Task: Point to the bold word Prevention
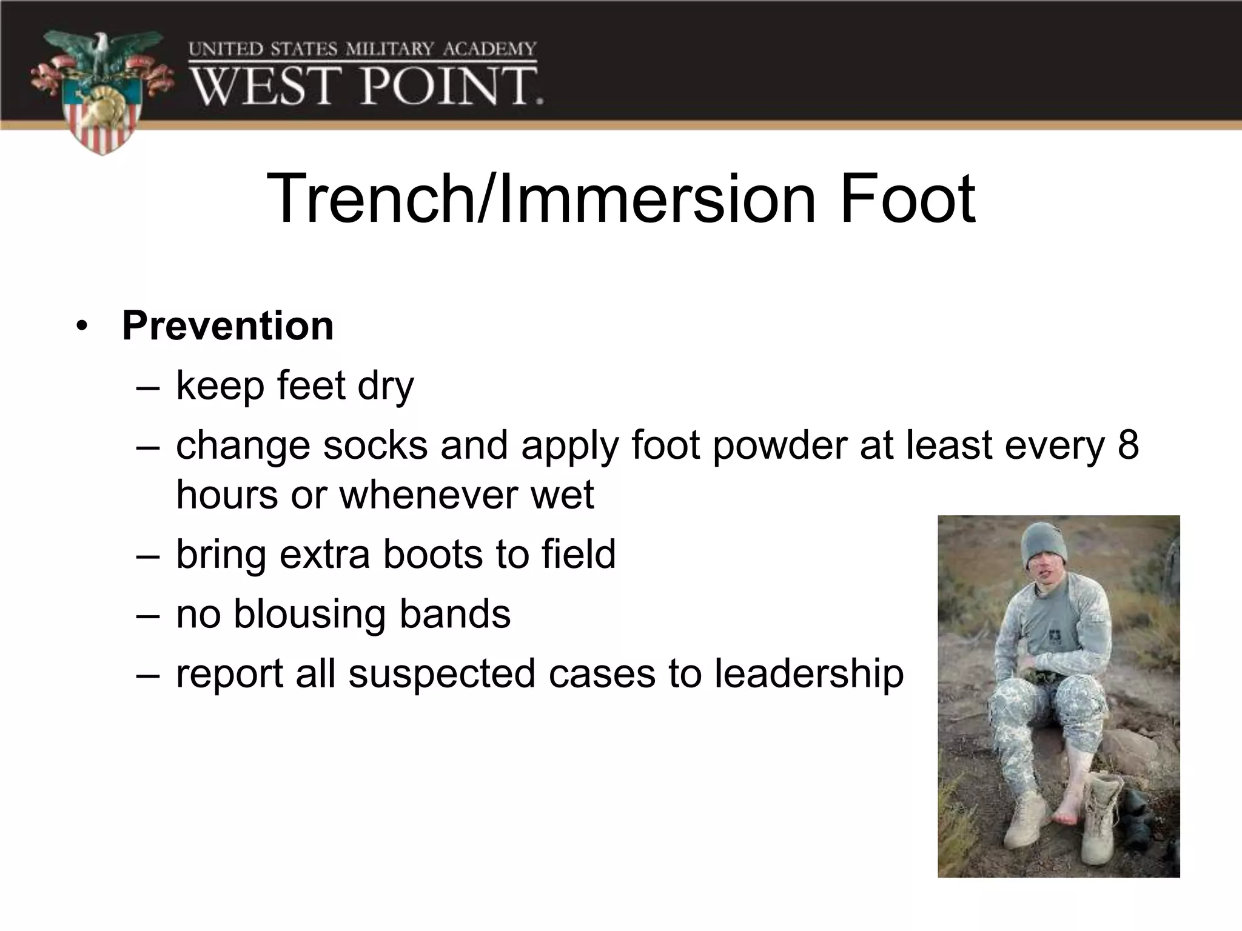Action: pyautogui.click(x=227, y=326)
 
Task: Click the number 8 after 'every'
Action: pyautogui.click(x=1128, y=445)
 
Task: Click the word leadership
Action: pyautogui.click(x=808, y=674)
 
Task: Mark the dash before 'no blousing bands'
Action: pyautogui.click(x=147, y=615)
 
